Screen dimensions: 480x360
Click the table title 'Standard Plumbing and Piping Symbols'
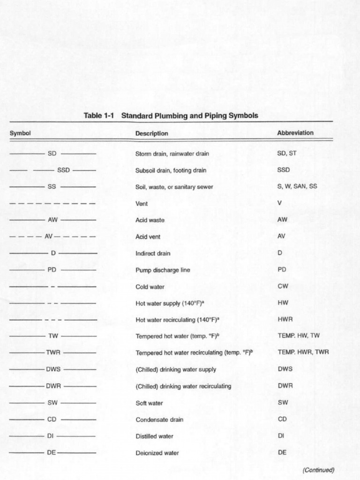[189, 115]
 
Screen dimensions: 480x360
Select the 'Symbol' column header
[20, 133]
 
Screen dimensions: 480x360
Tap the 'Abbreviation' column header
[295, 133]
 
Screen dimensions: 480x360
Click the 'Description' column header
[151, 133]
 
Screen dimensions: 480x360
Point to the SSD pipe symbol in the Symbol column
[63, 170]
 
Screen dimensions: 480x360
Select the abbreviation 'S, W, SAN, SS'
[297, 186]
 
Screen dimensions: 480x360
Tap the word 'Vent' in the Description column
[142, 203]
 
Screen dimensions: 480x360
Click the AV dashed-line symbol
[49, 237]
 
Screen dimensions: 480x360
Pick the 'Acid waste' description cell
[150, 220]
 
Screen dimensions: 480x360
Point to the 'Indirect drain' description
[153, 254]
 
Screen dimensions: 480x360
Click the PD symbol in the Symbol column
[52, 270]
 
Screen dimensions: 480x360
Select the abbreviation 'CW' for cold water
[282, 286]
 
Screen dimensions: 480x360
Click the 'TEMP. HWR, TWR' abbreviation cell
[303, 352]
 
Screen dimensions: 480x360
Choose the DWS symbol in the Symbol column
[53, 369]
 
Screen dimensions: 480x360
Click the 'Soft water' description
[150, 403]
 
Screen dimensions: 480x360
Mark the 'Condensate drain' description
[159, 420]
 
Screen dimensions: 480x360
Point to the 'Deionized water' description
[157, 453]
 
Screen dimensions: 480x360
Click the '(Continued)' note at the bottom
[318, 470]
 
